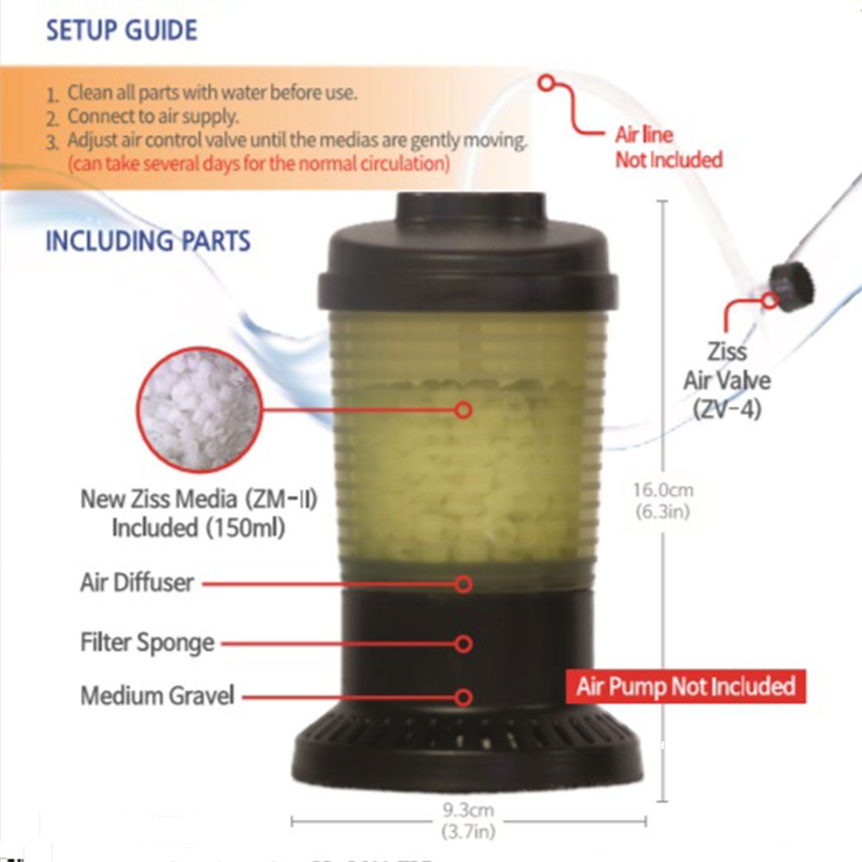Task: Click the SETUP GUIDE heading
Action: [x=122, y=30]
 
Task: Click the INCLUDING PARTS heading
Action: [x=147, y=240]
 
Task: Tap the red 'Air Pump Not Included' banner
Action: [x=685, y=687]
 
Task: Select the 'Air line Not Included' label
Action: [x=668, y=147]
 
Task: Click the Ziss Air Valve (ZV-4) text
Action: [x=727, y=379]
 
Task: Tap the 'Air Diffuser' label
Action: [x=137, y=583]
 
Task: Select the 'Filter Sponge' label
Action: [x=147, y=643]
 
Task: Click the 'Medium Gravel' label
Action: [x=157, y=696]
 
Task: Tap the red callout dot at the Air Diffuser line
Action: [x=464, y=584]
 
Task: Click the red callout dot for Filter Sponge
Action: [x=464, y=644]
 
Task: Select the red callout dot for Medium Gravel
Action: [x=464, y=696]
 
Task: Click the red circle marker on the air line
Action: [x=547, y=83]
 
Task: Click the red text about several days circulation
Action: [x=259, y=163]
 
